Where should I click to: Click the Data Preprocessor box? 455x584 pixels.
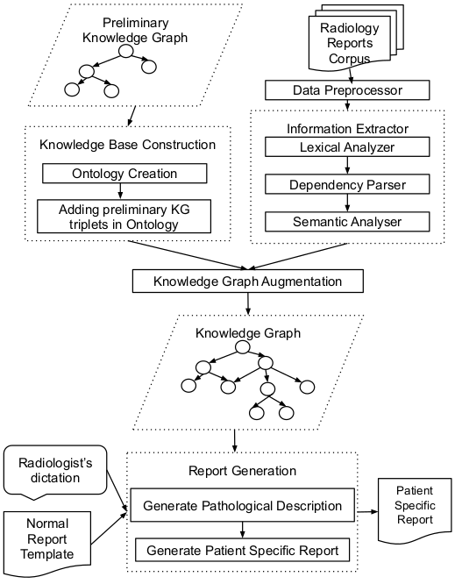point(347,89)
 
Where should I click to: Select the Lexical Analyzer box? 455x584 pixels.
point(347,147)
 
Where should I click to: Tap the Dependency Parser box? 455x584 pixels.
point(347,184)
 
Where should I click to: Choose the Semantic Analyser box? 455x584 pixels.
point(347,221)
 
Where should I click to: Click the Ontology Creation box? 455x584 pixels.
point(124,174)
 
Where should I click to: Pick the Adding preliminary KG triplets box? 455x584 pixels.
point(124,217)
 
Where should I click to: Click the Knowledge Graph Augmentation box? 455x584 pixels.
point(248,281)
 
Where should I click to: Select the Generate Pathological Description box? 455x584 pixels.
point(242,505)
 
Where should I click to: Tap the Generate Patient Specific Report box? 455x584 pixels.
point(242,550)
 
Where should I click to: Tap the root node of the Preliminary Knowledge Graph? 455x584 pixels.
point(126,52)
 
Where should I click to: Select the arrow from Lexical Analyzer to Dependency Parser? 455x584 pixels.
point(347,166)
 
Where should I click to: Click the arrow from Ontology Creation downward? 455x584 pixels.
point(124,191)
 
